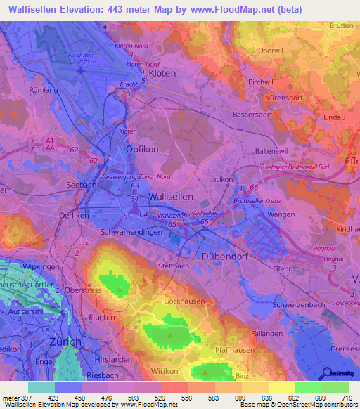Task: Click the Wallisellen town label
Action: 174,197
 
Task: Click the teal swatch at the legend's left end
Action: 41,387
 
